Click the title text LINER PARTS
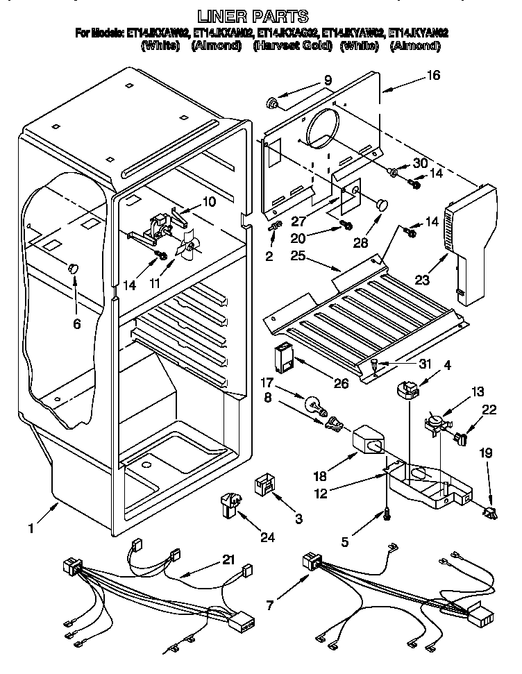coord(261,15)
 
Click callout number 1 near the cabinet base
coord(31,529)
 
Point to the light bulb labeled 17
coord(313,404)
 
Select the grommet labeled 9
coord(272,104)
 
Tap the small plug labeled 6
coord(73,269)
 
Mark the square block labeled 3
coord(264,482)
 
